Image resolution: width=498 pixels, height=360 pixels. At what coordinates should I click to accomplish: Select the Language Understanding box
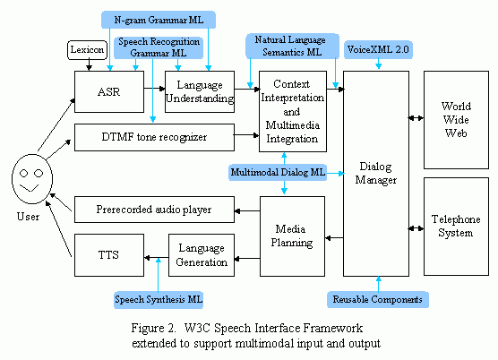point(199,91)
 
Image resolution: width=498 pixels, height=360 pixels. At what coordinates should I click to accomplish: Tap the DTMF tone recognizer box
point(153,138)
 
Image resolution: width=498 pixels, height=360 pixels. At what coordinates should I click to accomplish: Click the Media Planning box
point(291,236)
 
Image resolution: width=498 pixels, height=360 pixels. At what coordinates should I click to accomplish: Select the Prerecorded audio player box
point(153,210)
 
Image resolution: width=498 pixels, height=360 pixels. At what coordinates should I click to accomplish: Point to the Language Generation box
point(201,253)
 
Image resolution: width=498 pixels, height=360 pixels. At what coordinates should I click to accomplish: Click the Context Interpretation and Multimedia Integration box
point(291,112)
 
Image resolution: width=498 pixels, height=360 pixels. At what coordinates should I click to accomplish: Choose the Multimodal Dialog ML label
point(278,171)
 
